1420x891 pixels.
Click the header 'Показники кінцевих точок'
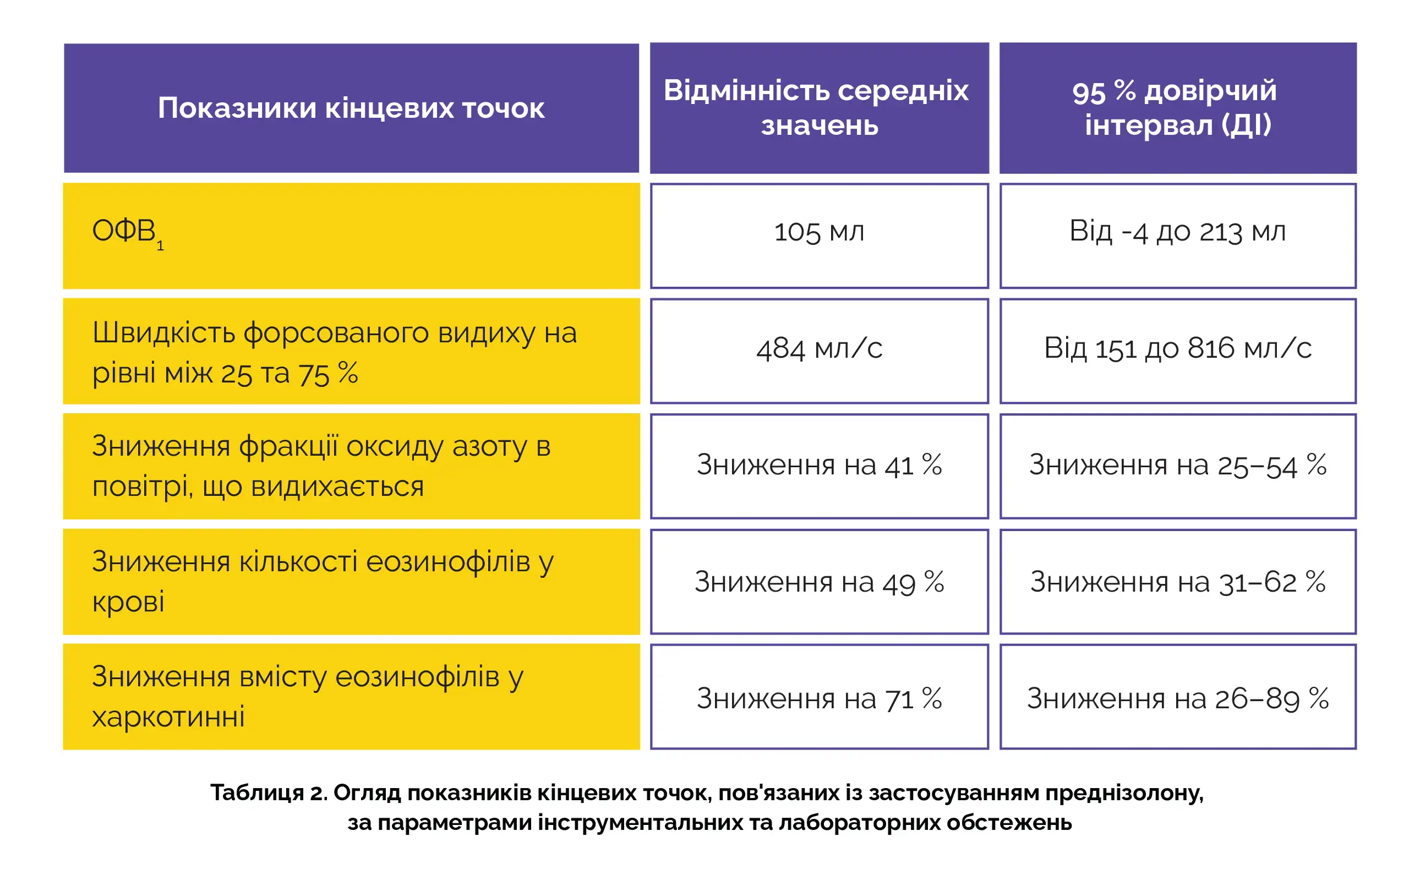click(351, 108)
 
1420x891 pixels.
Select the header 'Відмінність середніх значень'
click(818, 108)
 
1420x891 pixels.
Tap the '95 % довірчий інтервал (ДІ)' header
click(1177, 108)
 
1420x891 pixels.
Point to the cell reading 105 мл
click(818, 232)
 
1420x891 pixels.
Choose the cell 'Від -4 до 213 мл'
click(1177, 232)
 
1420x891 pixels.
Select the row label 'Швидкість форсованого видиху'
click(334, 352)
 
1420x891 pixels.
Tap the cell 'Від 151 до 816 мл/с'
click(1177, 348)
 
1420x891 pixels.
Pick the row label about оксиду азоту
click(321, 466)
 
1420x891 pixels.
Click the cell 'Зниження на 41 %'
click(818, 465)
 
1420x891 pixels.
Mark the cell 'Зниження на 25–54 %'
click(1177, 465)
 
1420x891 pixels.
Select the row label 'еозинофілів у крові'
click(323, 581)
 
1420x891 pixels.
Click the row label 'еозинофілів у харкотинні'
click(307, 697)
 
